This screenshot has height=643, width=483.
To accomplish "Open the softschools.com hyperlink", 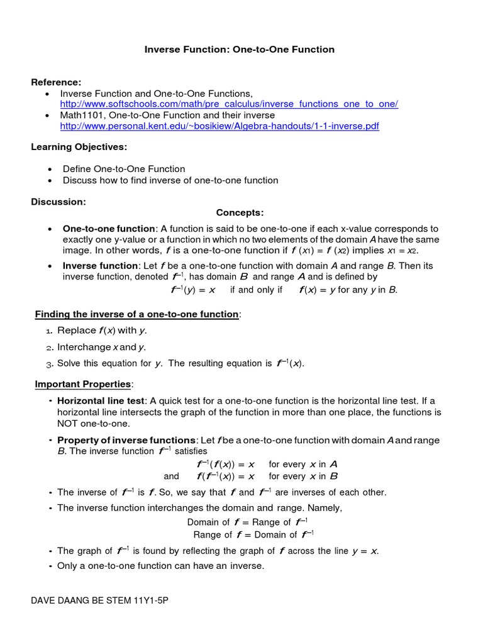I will (x=229, y=104).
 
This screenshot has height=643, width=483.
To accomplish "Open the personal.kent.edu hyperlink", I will (x=219, y=126).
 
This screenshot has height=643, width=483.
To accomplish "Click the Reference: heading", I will (x=57, y=82).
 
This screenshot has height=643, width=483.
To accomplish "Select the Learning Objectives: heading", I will (x=79, y=147).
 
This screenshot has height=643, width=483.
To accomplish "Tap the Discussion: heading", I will (x=58, y=202).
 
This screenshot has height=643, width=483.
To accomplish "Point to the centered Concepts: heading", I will (x=240, y=213).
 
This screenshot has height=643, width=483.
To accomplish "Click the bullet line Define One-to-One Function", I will (x=124, y=169).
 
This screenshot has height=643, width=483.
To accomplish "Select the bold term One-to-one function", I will (x=108, y=229).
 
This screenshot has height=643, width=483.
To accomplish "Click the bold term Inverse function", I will (x=100, y=266).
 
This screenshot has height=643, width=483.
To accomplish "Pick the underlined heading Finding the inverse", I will (x=136, y=314).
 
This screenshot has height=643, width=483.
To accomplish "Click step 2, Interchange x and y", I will (x=101, y=347).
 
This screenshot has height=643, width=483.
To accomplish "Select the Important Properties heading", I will (x=82, y=384).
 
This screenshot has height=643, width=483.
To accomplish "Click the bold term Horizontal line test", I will (x=101, y=401).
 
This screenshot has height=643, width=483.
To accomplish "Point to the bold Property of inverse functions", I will (x=126, y=440).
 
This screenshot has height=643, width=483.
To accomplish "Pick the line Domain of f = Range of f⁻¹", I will (x=247, y=522).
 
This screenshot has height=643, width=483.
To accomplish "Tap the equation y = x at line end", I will (x=365, y=551).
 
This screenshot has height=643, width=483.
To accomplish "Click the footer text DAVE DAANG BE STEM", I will (x=100, y=600).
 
